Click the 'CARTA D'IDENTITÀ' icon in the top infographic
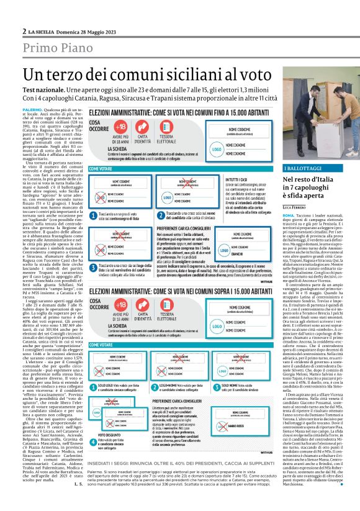point(143,127)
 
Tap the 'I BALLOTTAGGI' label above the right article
point(302,168)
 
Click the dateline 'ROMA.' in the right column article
point(289,212)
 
